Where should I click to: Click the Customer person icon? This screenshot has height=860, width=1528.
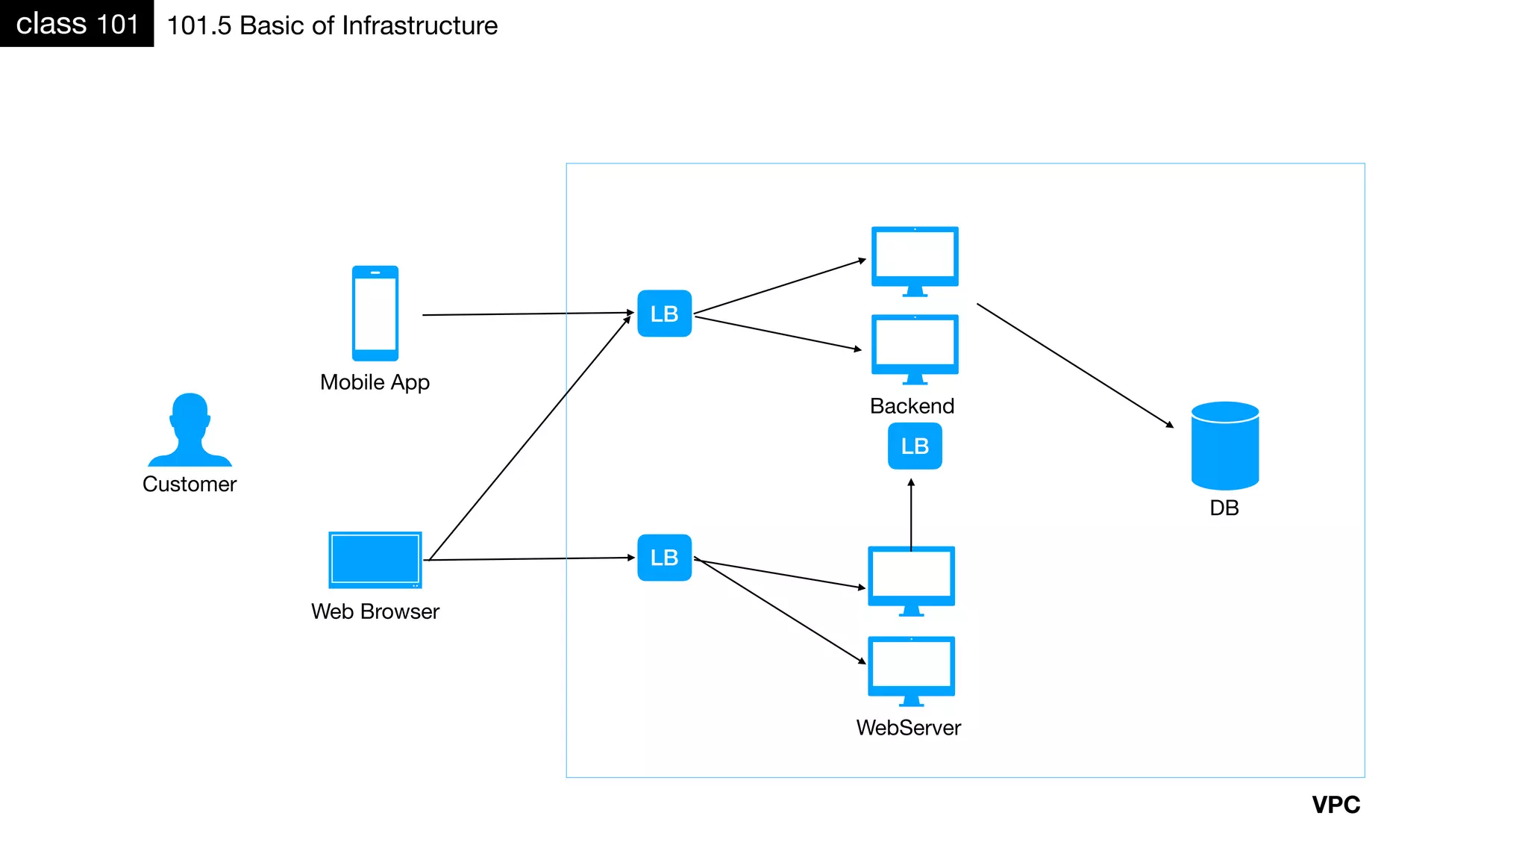pyautogui.click(x=190, y=431)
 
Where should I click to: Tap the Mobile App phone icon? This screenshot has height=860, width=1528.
pyautogui.click(x=375, y=314)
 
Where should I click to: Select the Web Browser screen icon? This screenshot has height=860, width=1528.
pyautogui.click(x=375, y=560)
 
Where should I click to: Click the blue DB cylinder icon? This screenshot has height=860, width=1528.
pyautogui.click(x=1225, y=446)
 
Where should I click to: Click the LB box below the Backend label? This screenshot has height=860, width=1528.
pyautogui.click(x=915, y=446)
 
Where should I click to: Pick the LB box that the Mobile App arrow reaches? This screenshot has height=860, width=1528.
pyautogui.click(x=664, y=314)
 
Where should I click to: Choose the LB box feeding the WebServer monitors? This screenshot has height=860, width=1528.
pyautogui.click(x=664, y=558)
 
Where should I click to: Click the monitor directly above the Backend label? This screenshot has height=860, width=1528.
pyautogui.click(x=915, y=347)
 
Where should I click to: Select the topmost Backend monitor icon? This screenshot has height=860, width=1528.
pyautogui.click(x=915, y=259)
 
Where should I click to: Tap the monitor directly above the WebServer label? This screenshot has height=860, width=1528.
pyautogui.click(x=911, y=669)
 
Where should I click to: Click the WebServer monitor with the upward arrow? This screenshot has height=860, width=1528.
pyautogui.click(x=911, y=579)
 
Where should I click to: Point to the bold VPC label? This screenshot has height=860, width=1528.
pyautogui.click(x=1336, y=805)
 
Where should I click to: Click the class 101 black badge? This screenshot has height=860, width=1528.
pyautogui.click(x=77, y=24)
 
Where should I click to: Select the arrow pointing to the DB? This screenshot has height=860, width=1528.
pyautogui.click(x=1074, y=365)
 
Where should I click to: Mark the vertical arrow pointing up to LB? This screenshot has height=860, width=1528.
pyautogui.click(x=911, y=515)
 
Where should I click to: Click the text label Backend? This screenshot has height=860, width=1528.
pyautogui.click(x=912, y=406)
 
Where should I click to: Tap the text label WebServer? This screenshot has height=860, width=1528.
pyautogui.click(x=908, y=728)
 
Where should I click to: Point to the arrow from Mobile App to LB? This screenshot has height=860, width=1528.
pyautogui.click(x=527, y=314)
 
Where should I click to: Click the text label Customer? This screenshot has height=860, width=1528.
pyautogui.click(x=190, y=484)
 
